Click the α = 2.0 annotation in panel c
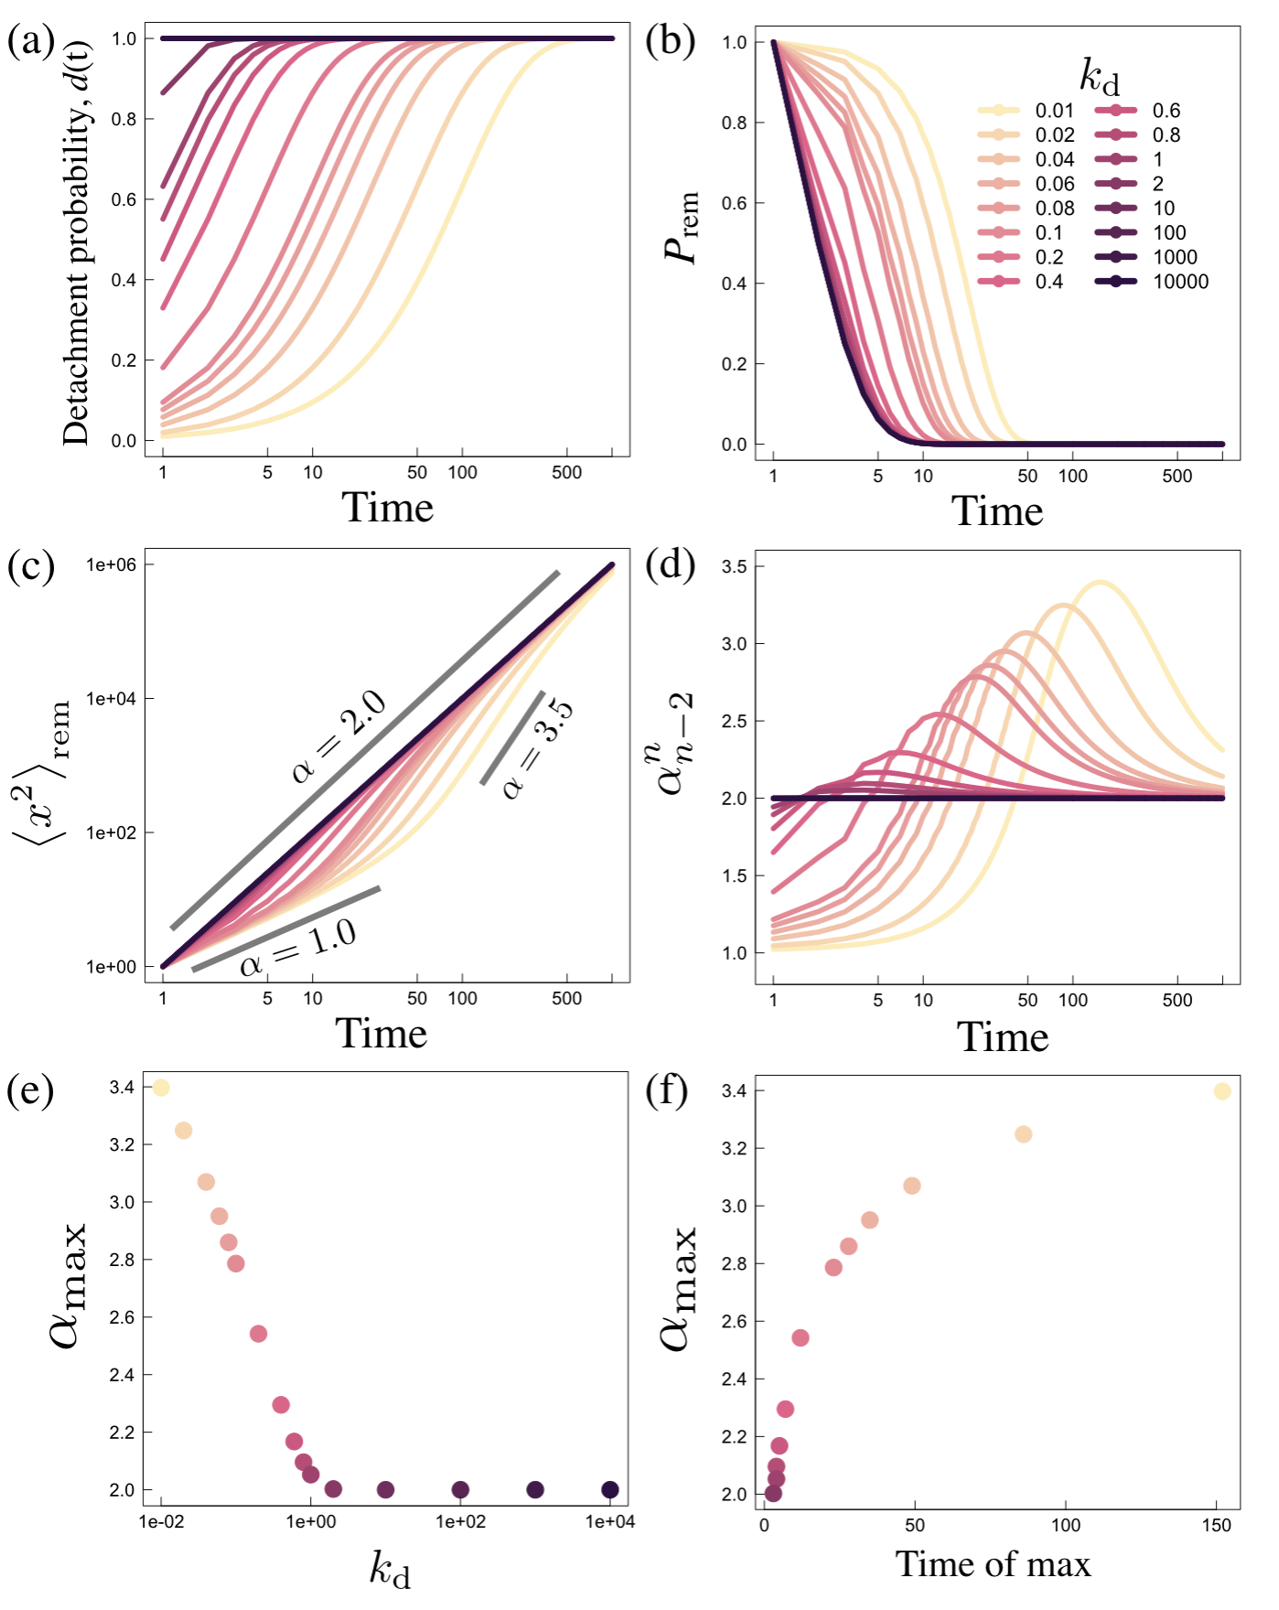pos(339,738)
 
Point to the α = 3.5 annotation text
pos(538,748)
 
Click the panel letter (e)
pos(30,1090)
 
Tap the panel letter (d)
pos(670,565)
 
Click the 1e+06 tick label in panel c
pos(111,565)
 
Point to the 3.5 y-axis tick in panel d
pos(735,567)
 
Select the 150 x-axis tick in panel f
pos(1216,1525)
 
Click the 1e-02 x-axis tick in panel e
pos(161,1521)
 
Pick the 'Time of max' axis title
pos(993,1564)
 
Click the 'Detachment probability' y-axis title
pos(77,242)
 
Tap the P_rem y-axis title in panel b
pos(682,227)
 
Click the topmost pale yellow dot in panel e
pos(161,1088)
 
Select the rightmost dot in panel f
pos(1221,1091)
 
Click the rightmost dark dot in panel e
pos(610,1490)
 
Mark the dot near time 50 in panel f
pos(911,1186)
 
